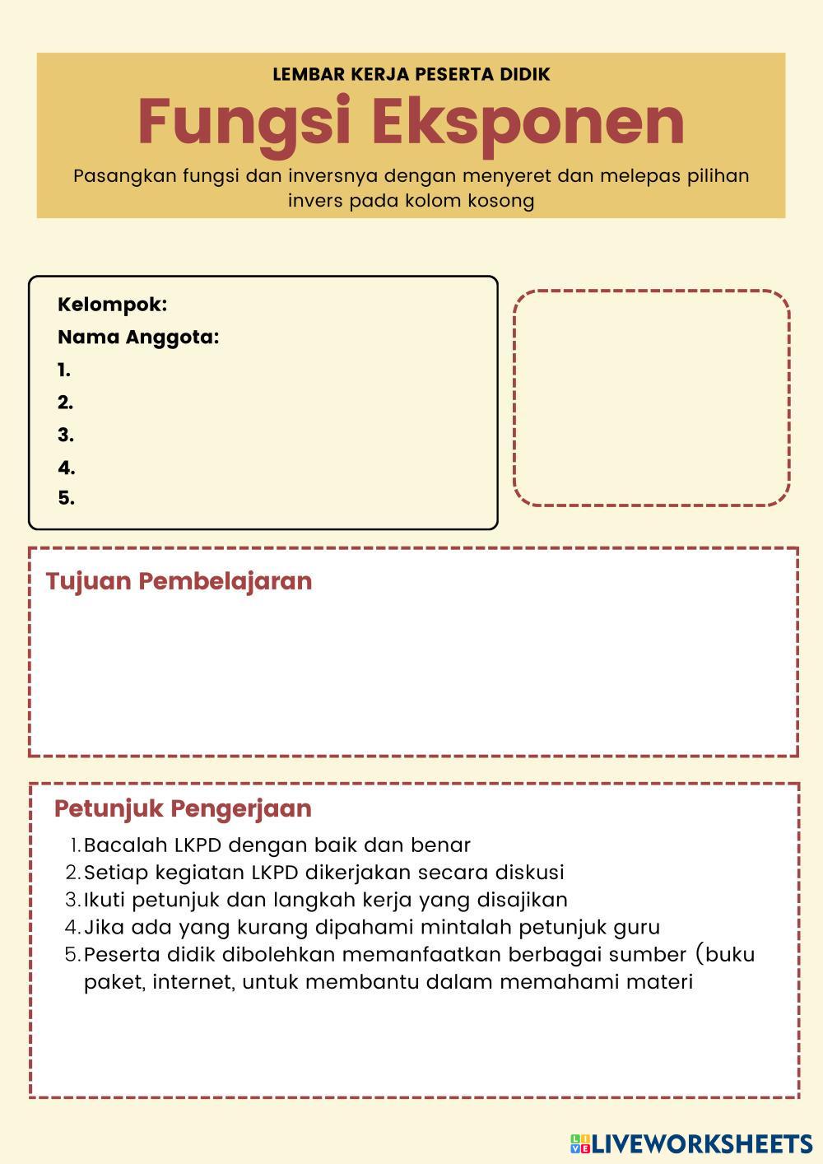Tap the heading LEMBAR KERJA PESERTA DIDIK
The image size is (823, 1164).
411,74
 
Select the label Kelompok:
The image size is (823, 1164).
112,305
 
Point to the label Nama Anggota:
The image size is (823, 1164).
138,338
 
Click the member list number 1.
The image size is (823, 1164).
64,370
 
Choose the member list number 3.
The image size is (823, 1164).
66,435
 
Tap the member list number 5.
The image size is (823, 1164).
66,498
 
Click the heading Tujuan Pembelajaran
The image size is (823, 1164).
179,581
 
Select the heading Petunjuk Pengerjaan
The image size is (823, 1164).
183,808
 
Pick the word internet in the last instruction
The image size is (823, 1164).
189,982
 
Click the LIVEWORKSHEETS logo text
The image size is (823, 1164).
702,1143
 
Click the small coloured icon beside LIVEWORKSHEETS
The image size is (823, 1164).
580,1143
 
